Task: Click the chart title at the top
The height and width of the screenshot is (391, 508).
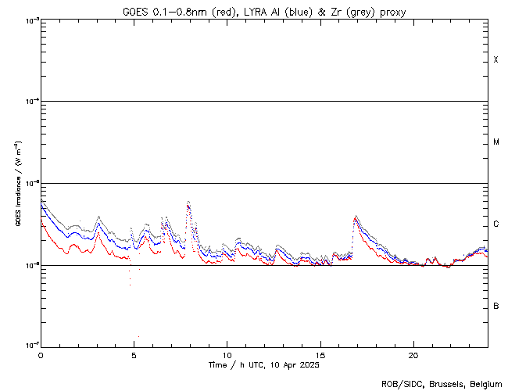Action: [x=264, y=11]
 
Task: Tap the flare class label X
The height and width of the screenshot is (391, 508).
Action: [x=495, y=60]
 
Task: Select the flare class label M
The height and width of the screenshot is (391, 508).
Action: [x=495, y=142]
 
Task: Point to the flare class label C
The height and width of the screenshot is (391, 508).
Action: [x=495, y=224]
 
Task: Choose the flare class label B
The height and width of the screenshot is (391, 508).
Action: [x=495, y=306]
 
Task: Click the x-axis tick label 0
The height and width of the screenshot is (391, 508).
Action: [x=41, y=354]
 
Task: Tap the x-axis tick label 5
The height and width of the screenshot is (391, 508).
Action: [x=134, y=354]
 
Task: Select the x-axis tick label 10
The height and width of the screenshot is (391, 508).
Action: [x=227, y=354]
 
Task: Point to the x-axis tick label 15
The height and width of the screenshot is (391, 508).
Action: [x=320, y=354]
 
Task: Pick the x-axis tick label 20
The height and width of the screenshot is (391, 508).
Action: [x=413, y=354]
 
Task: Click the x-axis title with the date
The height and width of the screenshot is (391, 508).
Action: [x=264, y=365]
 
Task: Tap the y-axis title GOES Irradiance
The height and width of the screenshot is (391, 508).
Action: [x=16, y=184]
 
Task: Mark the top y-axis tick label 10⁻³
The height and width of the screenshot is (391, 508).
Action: [x=30, y=20]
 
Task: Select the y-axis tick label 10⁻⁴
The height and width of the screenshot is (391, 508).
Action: [x=30, y=102]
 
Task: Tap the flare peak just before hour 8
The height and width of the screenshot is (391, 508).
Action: [x=188, y=203]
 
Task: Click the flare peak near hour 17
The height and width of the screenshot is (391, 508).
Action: [x=356, y=217]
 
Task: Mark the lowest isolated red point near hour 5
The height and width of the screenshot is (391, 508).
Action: [x=138, y=336]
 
